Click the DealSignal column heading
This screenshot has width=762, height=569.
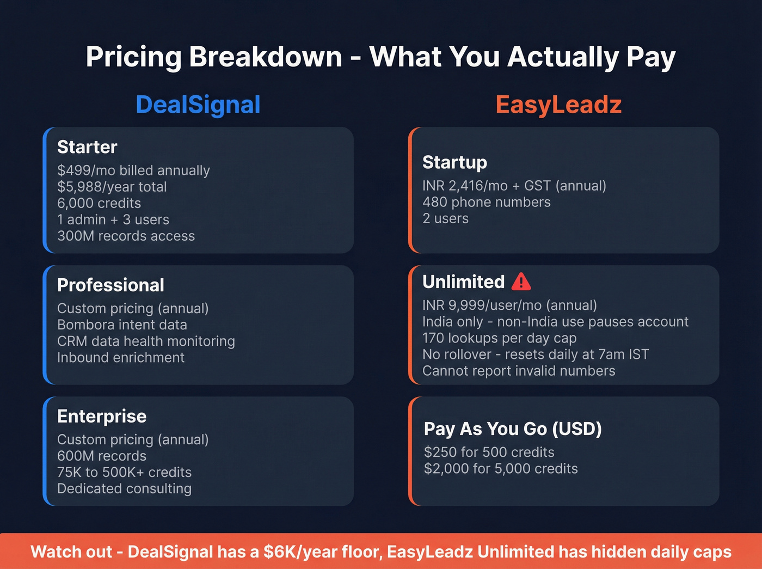coord(198,105)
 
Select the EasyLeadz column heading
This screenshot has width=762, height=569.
coord(558,105)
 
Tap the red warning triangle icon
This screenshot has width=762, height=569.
coord(521,282)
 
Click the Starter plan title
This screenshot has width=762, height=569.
coord(87,147)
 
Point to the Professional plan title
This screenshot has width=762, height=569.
coord(110,285)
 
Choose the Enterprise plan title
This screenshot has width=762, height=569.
coord(102,416)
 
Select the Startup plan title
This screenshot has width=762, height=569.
coord(454,162)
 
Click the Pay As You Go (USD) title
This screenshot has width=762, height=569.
coord(513,429)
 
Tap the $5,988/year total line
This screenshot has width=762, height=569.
coord(112,187)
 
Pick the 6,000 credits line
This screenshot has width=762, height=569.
coord(99,203)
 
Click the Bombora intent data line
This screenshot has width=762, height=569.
coord(122,325)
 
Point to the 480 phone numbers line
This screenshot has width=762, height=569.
coord(487,202)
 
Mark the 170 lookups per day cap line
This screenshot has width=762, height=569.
coord(499,338)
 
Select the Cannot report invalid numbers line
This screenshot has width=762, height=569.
coord(519,371)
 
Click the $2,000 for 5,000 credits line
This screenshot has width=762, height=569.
coord(501,468)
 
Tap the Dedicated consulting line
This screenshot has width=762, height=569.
coord(124,488)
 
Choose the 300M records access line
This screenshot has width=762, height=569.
coord(126,236)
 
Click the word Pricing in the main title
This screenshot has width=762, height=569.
coord(133,57)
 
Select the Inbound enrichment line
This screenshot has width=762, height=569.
coord(121,357)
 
